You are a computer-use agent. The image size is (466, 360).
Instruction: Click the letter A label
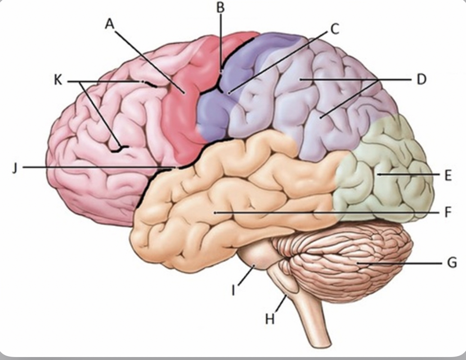pyautogui.click(x=110, y=25)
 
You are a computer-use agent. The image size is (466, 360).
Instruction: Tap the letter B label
pyautogui.click(x=221, y=7)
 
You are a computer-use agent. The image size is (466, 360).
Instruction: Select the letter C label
pyautogui.click(x=334, y=29)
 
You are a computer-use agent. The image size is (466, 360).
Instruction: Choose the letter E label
pyautogui.click(x=448, y=175)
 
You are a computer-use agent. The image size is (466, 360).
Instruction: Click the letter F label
pyautogui.click(x=448, y=212)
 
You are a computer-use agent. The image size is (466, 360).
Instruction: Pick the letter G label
pyautogui.click(x=451, y=263)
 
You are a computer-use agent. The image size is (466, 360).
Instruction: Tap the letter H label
pyautogui.click(x=270, y=319)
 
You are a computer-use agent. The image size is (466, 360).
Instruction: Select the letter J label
pyautogui.click(x=15, y=167)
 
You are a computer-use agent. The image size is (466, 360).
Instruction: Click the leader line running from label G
pyautogui.click(x=401, y=263)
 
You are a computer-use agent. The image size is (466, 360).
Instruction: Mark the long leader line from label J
pyautogui.click(x=97, y=167)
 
